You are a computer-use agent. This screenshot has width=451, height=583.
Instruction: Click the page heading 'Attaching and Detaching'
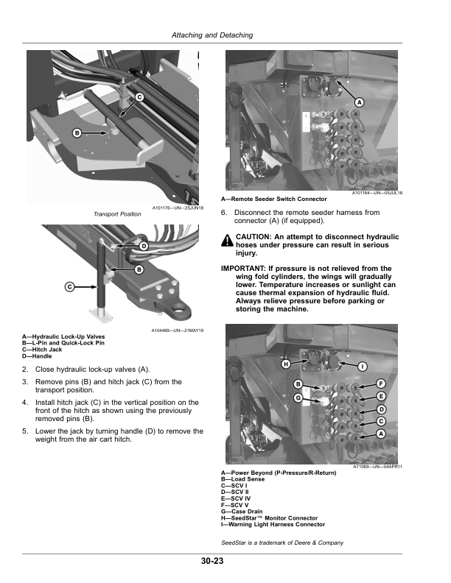click(211, 35)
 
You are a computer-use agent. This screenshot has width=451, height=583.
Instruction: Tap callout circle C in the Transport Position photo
click(139, 97)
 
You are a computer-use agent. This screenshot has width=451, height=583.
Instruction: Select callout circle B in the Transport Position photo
click(76, 132)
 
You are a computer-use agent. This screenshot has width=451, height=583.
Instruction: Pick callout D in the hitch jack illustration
click(144, 244)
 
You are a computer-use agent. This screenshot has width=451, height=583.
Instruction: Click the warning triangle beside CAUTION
click(228, 239)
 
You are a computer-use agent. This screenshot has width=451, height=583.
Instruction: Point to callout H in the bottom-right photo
click(285, 364)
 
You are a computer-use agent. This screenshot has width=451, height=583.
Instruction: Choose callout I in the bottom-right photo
click(363, 366)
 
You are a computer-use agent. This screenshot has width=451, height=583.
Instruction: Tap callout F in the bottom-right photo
click(381, 384)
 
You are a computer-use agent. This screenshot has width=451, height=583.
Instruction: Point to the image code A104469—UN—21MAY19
click(178, 332)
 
